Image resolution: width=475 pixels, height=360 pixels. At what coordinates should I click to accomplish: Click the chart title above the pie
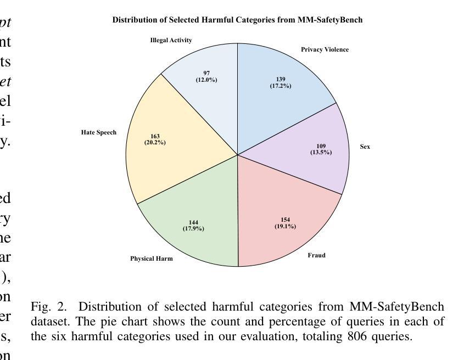pos(237,20)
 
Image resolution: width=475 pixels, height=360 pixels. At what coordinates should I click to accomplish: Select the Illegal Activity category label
pos(171,40)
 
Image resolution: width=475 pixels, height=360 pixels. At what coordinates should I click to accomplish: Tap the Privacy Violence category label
pos(325,49)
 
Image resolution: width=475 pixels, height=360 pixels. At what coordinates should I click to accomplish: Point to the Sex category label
pos(365,147)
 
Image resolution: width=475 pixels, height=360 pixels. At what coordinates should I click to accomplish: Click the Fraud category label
pos(316,255)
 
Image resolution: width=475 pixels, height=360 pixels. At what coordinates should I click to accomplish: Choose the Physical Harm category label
pos(152,258)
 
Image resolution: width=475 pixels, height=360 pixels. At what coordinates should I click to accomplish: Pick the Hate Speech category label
pos(99,132)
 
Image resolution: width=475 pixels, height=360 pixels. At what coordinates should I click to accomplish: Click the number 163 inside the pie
pos(155,136)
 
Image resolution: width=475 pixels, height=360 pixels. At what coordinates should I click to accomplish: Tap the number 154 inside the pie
pos(285,220)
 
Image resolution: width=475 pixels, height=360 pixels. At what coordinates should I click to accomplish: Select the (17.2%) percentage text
pos(281,86)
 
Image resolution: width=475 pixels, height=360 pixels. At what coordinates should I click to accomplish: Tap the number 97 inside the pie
pos(206,73)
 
